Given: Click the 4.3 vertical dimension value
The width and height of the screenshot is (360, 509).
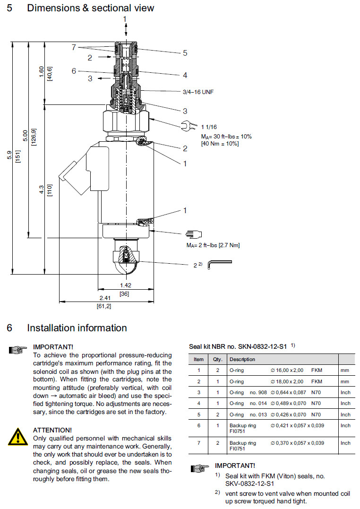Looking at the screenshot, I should tap(42, 190).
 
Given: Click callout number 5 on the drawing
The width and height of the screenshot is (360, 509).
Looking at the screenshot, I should tap(185, 53).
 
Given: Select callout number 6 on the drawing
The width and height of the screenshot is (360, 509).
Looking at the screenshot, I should tap(74, 71).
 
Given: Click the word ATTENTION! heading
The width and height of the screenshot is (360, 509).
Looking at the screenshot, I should tap(52, 430).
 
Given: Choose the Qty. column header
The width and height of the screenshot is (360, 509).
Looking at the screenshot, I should tap(217, 359).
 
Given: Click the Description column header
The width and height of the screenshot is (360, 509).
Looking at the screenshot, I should tap(242, 359).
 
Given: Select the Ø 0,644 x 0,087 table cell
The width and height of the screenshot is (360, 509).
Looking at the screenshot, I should tap(290, 392).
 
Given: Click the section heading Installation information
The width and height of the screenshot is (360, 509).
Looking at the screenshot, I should tap(77, 328).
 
